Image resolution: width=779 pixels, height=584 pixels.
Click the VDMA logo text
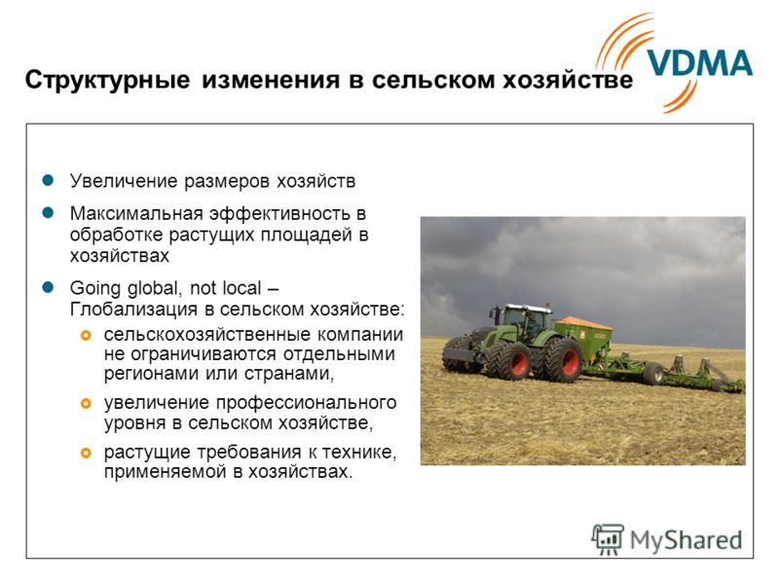tap(700, 63)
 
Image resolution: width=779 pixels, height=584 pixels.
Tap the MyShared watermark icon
tap(607, 539)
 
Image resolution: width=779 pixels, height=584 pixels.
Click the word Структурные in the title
tap(107, 80)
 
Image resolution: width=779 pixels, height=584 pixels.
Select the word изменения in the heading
tap(271, 80)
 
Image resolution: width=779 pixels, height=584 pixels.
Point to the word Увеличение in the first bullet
tap(124, 181)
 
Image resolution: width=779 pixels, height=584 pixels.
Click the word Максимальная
tap(136, 213)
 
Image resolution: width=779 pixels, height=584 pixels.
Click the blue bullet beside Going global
tap(48, 287)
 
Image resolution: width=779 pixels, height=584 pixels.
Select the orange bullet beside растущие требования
tap(86, 453)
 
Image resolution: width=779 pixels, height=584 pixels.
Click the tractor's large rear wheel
tap(563, 359)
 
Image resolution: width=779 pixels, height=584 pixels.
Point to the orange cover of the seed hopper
tap(583, 323)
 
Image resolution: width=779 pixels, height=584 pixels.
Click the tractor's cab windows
tap(525, 323)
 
